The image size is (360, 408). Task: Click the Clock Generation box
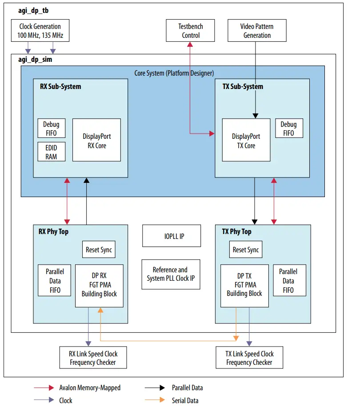point(40,31)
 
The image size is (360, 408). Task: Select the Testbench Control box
point(191,31)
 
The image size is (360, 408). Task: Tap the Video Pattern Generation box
point(257,31)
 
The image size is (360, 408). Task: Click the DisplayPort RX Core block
point(96,140)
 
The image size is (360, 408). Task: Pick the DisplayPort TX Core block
point(246,140)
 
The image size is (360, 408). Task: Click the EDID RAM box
point(51,152)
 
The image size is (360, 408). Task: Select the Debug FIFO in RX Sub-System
point(51,128)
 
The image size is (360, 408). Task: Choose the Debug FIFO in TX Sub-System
point(288,128)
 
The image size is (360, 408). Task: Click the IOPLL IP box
point(171,236)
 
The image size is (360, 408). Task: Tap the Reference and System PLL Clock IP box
point(171,274)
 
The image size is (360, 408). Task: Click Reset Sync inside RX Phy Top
point(99,250)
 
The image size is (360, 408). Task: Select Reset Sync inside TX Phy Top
point(245,250)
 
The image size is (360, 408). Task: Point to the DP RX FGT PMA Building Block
point(99,285)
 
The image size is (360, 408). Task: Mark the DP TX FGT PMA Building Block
point(244,285)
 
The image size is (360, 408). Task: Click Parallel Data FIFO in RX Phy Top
point(55,281)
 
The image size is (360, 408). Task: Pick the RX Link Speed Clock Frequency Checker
point(93,358)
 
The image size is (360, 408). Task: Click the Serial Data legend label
point(185,400)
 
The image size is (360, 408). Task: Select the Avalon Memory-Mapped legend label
point(90,388)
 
